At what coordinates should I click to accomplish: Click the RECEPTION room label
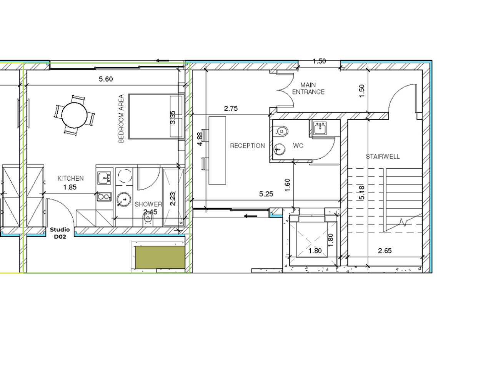coord(247,146)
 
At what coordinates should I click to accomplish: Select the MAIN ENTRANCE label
coord(308,89)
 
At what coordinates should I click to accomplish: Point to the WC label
coord(298,146)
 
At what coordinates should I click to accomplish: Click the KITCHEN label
coord(70,178)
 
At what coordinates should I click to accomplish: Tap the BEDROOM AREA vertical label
coord(121,119)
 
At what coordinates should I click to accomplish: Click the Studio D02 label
coord(60,233)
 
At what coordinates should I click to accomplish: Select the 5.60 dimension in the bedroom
coord(106,79)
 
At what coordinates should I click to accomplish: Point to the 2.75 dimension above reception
coord(231,108)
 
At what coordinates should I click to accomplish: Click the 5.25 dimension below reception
coord(266,194)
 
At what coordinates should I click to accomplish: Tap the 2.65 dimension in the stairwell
coord(385,251)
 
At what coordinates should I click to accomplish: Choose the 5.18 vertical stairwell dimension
coord(362,193)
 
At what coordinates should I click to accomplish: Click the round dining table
coord(74,116)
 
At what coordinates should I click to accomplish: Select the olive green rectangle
coord(160,257)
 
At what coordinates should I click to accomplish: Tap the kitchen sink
coord(105,178)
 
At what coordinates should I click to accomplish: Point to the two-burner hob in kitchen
coord(104,197)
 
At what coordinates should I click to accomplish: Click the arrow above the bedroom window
coord(162,61)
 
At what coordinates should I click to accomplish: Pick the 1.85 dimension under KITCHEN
coord(70,187)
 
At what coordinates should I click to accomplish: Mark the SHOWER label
coord(148,204)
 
